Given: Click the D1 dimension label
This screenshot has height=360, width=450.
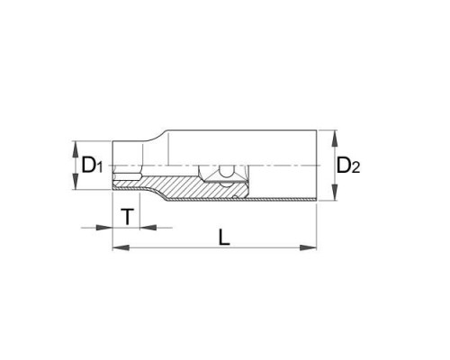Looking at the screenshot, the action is click(x=92, y=166).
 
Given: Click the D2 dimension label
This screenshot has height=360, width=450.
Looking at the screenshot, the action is click(x=348, y=166).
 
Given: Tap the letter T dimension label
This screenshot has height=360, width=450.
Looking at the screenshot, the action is click(x=128, y=217).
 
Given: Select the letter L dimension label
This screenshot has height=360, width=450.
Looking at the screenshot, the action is click(x=223, y=237).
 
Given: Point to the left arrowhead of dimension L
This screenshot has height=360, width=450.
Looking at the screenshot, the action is click(x=121, y=247).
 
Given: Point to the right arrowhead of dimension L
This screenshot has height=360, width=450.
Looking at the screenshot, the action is click(x=309, y=247).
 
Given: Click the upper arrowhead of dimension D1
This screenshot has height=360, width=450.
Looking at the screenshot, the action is click(x=76, y=149).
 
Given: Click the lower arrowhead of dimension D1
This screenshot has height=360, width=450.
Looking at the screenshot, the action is click(x=76, y=182).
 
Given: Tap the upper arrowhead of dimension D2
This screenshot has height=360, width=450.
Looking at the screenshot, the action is click(x=335, y=139).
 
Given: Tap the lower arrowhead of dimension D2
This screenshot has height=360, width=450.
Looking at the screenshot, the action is click(x=335, y=193).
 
